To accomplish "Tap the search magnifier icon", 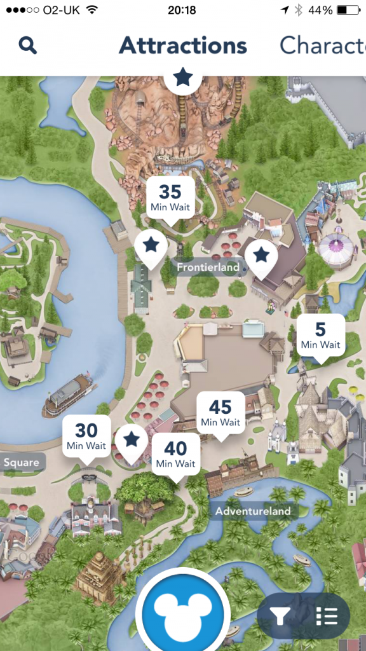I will tap(28, 45).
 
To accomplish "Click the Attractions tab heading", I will tap(183, 45).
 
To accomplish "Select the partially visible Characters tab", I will tap(323, 45).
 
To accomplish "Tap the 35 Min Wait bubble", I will tap(170, 198).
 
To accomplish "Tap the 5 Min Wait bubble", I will tap(320, 335).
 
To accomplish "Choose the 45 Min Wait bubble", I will tap(220, 412).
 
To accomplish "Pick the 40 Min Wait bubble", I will tap(175, 454).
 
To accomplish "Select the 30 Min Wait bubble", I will tap(86, 436).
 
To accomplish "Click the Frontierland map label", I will tap(208, 267).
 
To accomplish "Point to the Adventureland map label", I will tap(252, 511).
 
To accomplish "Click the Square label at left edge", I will tap(22, 462).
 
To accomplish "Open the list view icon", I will tap(326, 615).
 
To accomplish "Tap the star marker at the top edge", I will tap(183, 78).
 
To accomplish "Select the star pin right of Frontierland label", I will tap(261, 256).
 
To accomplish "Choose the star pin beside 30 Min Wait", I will tap(132, 440).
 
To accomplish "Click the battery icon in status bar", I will tap(349, 10).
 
